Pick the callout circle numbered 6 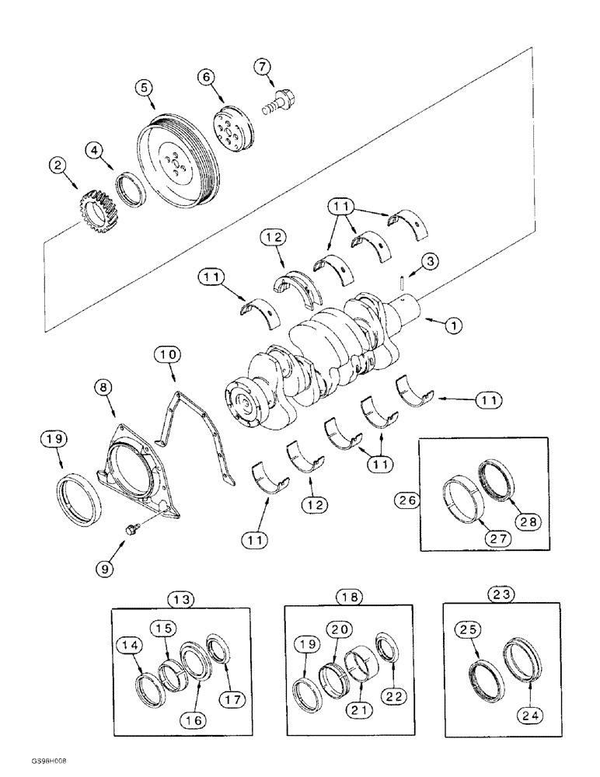point(205,77)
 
